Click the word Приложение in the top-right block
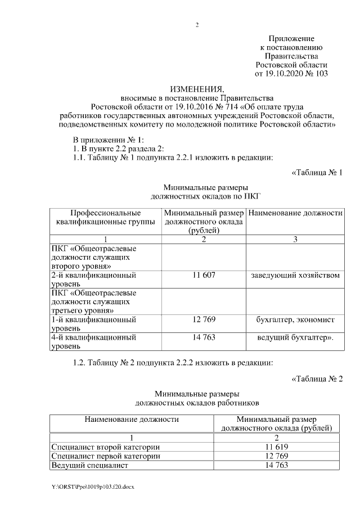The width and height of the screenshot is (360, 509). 291,38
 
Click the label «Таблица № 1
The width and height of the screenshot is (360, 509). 317,172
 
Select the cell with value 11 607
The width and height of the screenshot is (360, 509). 204,276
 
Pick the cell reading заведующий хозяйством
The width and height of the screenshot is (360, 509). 295,276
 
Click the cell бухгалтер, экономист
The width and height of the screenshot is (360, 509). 295,319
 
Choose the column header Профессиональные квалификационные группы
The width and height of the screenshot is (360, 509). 105,218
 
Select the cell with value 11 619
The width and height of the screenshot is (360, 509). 276,447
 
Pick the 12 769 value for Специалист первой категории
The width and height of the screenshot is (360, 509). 276,456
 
